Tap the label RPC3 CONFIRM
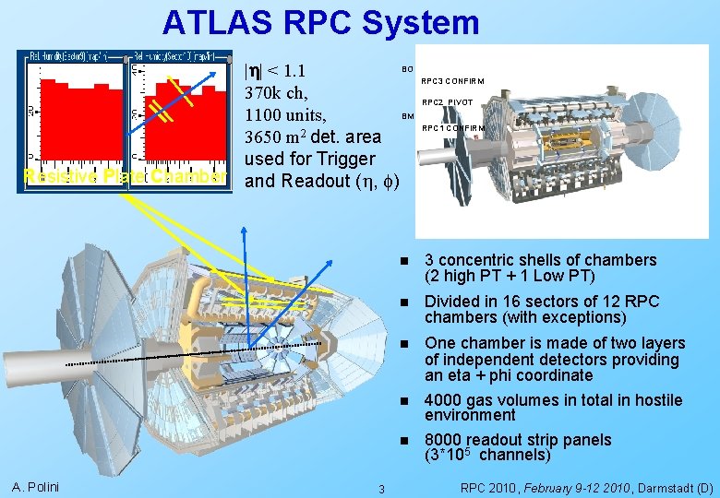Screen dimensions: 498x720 (x=453, y=81)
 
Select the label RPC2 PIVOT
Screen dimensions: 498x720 (x=448, y=102)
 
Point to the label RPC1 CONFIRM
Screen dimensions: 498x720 (x=453, y=128)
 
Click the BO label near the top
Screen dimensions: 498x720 (x=406, y=68)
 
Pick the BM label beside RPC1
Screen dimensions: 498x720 (x=407, y=117)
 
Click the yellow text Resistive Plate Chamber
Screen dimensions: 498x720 (x=124, y=176)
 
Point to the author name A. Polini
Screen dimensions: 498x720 (x=36, y=487)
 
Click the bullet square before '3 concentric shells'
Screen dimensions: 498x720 (x=402, y=261)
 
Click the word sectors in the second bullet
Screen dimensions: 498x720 (x=529, y=302)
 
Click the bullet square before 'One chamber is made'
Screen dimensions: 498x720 (x=402, y=343)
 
